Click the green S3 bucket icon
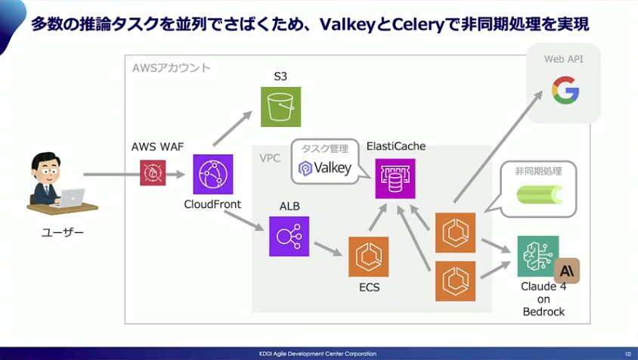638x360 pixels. point(280,107)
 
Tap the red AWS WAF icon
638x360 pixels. point(153,172)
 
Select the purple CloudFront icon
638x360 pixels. point(212,174)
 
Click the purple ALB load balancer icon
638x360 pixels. point(289,236)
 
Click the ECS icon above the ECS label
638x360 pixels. point(369,256)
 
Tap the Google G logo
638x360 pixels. point(565,90)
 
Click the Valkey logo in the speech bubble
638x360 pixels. point(326,168)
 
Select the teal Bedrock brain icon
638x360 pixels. point(537,256)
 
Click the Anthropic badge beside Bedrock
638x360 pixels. point(567,270)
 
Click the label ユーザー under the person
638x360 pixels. point(63,232)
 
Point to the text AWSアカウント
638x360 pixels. point(171,68)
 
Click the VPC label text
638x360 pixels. point(270,160)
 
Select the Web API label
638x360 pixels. point(563,58)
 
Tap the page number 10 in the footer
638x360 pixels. point(627,353)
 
